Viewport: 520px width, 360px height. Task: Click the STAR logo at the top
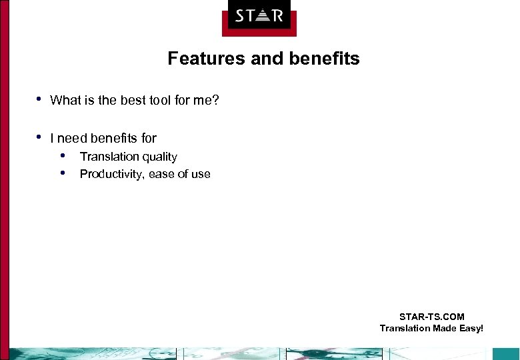click(x=259, y=15)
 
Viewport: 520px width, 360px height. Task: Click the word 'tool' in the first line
click(x=165, y=101)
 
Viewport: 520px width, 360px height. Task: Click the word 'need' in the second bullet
click(x=72, y=139)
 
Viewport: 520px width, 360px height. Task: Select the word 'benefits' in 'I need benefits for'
click(x=113, y=139)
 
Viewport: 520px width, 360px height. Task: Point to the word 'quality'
click(x=159, y=157)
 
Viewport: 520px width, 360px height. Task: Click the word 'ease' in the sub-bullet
click(x=162, y=174)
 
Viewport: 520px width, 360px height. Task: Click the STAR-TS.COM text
click(x=431, y=317)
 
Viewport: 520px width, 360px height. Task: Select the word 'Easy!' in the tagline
click(x=470, y=328)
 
